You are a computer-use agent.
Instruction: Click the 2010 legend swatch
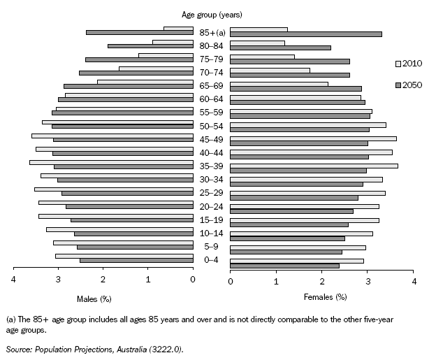click(x=399, y=63)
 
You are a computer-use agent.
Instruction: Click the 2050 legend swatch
click(x=399, y=85)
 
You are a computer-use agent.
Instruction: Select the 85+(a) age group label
click(x=211, y=32)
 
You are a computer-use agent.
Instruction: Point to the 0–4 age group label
click(x=211, y=259)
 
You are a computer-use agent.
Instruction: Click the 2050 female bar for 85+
click(x=306, y=34)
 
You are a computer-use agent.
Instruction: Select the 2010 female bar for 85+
click(x=259, y=29)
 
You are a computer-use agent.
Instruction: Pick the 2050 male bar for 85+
click(x=139, y=32)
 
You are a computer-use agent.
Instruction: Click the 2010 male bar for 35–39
click(x=111, y=162)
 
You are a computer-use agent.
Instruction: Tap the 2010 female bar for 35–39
click(x=314, y=166)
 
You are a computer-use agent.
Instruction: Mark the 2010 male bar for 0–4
click(x=124, y=256)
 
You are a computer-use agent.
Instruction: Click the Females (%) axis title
click(x=325, y=298)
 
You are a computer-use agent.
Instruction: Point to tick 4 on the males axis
click(x=14, y=281)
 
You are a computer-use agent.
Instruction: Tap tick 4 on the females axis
click(x=414, y=281)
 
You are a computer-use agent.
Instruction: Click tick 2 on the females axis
click(x=322, y=281)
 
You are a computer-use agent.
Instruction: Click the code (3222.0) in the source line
click(x=168, y=347)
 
